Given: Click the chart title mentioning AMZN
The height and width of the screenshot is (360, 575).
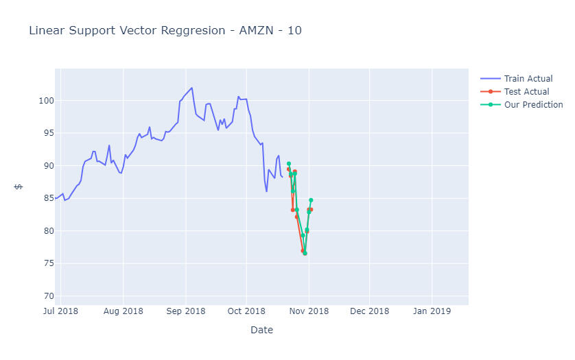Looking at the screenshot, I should tap(165, 31).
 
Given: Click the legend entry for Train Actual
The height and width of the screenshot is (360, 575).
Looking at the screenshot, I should tap(528, 79).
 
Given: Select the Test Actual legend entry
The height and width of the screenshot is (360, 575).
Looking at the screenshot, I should tap(526, 92).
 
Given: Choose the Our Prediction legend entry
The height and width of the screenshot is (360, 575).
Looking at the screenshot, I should tap(533, 105).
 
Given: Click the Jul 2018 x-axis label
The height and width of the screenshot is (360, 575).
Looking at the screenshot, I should tap(60, 311).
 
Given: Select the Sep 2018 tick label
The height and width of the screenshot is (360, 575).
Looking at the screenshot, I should tap(185, 311).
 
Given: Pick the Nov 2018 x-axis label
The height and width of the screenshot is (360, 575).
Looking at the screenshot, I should tap(308, 311).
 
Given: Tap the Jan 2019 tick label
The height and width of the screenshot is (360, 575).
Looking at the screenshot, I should tap(432, 311).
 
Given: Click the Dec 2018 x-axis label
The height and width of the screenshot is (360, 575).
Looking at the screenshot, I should tap(369, 311).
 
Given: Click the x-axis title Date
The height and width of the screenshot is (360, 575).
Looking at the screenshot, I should tap(261, 330).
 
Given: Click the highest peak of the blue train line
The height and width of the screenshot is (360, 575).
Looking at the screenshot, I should tap(191, 88).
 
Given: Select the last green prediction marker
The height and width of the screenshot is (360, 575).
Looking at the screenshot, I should tap(311, 200).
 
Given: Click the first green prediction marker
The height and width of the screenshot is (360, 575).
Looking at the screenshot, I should tap(289, 164).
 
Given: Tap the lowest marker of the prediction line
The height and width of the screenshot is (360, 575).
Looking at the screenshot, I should tap(305, 253).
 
